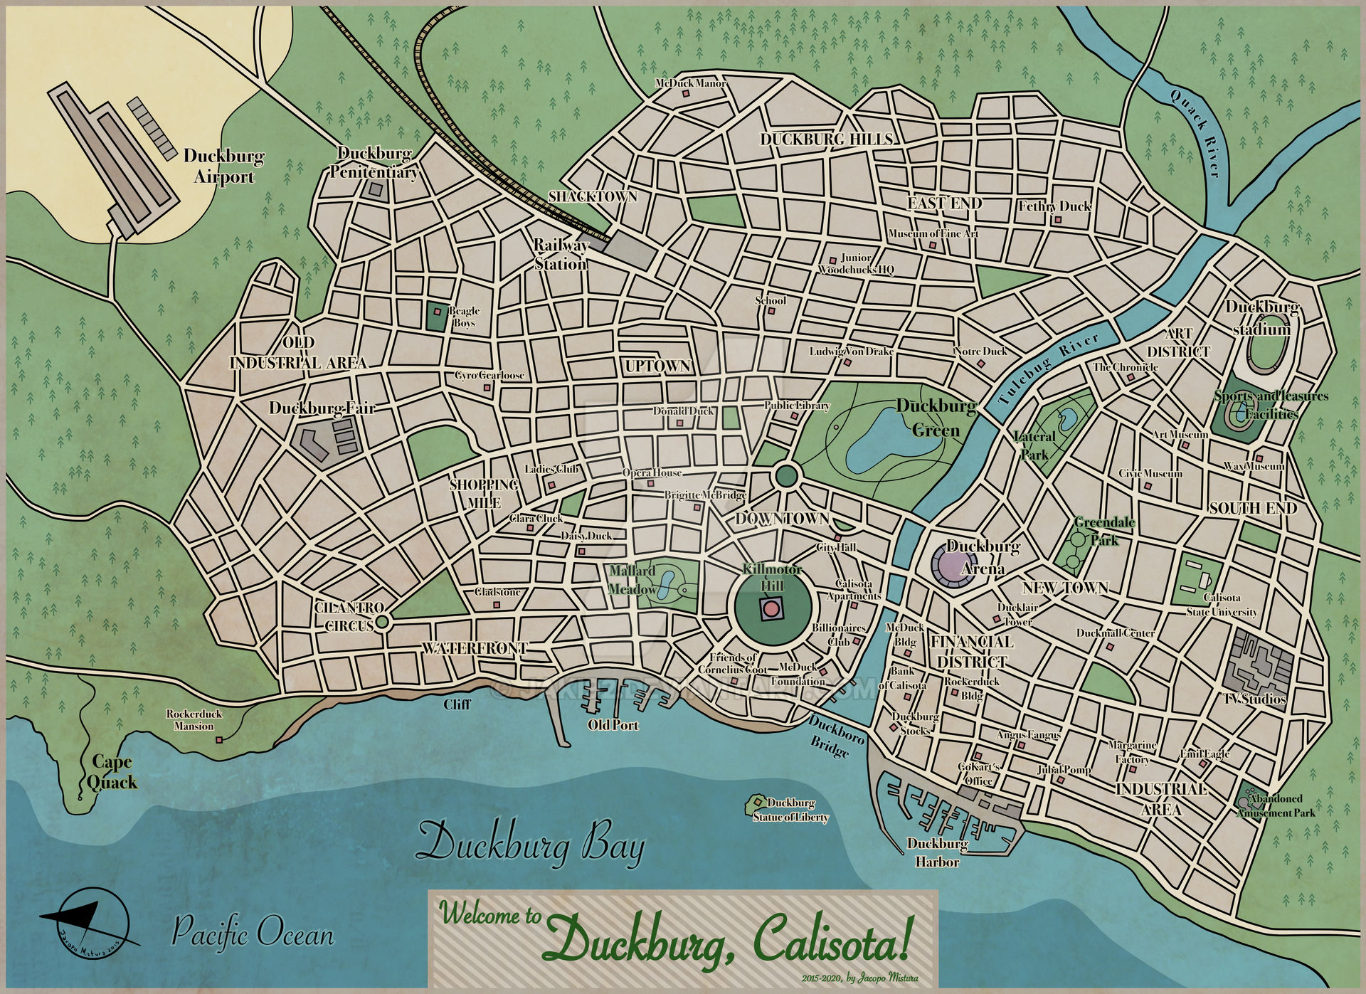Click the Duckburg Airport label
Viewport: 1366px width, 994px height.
tap(224, 166)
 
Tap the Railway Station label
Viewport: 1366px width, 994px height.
tap(561, 255)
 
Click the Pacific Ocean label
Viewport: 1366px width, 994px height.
tap(253, 932)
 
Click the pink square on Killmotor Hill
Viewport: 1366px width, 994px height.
tap(769, 609)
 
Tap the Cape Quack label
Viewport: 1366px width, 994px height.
tap(113, 773)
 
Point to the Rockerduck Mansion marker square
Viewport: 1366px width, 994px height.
tap(219, 740)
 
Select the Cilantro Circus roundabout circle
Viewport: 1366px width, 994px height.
tap(381, 622)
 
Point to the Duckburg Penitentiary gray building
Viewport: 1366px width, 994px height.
tap(374, 189)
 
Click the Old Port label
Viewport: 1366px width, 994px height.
tap(613, 726)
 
